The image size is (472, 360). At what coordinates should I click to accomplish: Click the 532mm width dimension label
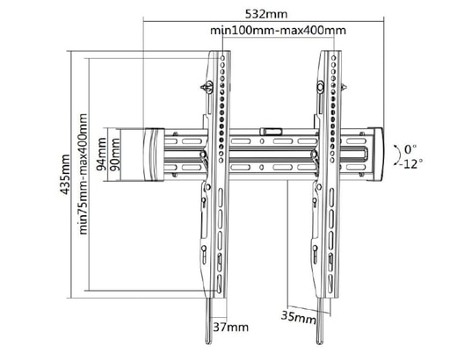coord(266,14)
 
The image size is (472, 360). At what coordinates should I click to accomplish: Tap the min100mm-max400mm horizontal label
coord(278,31)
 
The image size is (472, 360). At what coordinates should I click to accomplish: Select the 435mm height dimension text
coord(65,175)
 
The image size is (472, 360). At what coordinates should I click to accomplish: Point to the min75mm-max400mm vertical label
coord(83,174)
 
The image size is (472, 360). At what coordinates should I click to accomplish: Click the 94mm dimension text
coord(101,154)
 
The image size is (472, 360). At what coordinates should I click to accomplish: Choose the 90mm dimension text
coord(114,155)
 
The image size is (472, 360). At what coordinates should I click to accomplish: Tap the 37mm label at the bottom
coord(231,327)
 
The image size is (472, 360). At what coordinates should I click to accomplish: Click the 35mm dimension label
coord(299,317)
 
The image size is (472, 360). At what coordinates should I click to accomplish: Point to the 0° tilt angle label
coord(410,148)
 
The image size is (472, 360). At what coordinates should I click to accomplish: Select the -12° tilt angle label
coord(410,164)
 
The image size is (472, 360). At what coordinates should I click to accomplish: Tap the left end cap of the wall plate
coord(154,155)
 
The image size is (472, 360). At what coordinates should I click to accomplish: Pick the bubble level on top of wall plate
coord(271,131)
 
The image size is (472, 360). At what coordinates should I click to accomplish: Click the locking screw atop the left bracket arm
coord(207,87)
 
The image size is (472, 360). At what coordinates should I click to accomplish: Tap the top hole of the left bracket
coord(222,57)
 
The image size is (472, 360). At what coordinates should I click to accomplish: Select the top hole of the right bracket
coord(333,57)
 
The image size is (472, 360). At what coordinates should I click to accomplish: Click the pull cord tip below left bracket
coord(208,341)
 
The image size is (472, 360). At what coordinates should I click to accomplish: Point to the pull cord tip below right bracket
coord(319,341)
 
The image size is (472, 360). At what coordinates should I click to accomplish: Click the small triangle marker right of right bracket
coord(344,87)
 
